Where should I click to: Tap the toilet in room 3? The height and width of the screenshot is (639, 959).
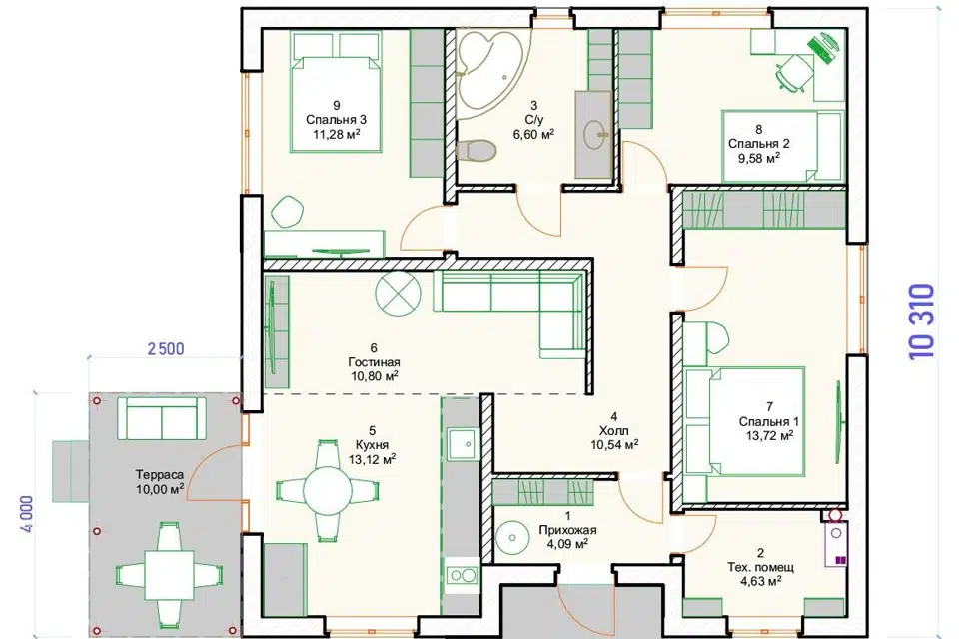coord(476,151)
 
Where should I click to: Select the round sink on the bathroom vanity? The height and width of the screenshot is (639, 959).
coord(595,134)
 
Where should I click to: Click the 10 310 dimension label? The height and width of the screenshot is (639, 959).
coord(923,321)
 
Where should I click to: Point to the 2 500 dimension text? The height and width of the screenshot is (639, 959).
coord(166,349)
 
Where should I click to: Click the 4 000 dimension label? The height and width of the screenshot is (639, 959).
coord(26,513)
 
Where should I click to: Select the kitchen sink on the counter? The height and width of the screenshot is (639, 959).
coord(462,444)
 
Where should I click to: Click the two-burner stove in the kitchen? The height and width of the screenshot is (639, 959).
coord(462,575)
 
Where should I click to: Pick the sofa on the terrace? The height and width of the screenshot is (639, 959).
coord(162,419)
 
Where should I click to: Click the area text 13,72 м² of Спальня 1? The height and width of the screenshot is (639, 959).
coord(769,436)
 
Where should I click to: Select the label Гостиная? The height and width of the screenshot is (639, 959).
coord(374,362)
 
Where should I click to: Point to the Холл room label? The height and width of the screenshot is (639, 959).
coord(614,431)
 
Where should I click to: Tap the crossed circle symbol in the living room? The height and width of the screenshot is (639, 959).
coord(398,292)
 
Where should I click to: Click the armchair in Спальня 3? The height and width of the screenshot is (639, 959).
coord(286,211)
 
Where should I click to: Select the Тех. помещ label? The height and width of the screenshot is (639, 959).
coord(761,568)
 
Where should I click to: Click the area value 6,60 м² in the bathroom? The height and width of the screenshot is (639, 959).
coord(533,134)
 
